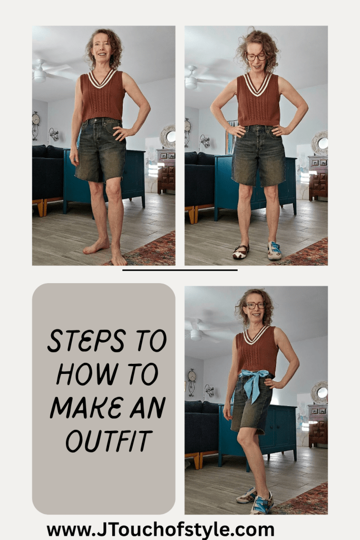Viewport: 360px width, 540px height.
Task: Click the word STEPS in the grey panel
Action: click(x=79, y=342)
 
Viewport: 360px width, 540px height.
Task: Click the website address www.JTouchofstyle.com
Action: click(x=160, y=529)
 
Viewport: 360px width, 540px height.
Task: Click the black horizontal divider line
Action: click(x=180, y=270)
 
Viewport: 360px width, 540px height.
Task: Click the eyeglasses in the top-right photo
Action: click(x=256, y=56)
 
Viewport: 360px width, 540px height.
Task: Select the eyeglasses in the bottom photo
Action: click(x=256, y=305)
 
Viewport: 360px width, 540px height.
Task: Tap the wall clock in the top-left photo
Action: click(x=36, y=120)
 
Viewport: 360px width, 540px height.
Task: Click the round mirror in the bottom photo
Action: click(x=320, y=392)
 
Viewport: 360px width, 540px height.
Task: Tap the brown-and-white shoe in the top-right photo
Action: click(x=240, y=252)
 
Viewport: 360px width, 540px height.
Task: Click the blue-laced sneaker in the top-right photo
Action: click(x=275, y=250)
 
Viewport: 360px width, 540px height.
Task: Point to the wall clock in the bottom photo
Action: click(x=192, y=377)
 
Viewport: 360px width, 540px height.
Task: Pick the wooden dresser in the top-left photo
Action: click(x=166, y=170)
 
